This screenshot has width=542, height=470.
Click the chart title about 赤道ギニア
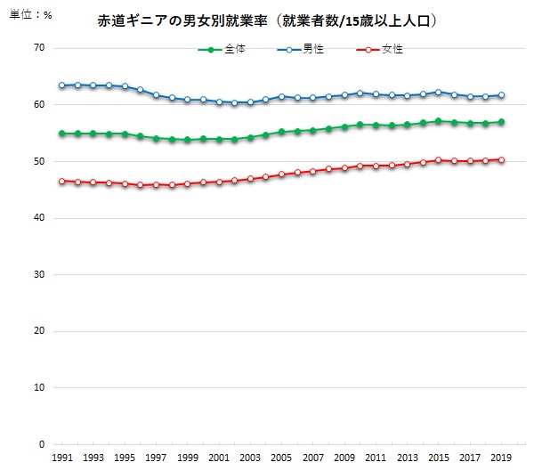266,21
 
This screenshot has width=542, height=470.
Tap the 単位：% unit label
31,15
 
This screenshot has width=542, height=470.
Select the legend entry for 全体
222,50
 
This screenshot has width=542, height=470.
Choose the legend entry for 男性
301,50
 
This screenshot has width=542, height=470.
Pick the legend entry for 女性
379,50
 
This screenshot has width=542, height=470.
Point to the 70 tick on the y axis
39,48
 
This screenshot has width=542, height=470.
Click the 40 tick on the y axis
39,217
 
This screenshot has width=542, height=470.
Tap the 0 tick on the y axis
42,444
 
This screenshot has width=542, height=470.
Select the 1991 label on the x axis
62,458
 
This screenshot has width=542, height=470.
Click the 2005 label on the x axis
281,458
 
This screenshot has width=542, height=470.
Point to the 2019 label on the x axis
501,458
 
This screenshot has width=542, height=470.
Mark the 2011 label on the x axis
376,458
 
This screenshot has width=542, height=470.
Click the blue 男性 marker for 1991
62,85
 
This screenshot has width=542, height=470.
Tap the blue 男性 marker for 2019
501,95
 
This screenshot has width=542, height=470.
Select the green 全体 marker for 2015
438,121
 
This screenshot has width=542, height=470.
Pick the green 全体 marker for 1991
62,134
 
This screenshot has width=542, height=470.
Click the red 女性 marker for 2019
501,159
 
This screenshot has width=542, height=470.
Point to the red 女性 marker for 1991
62,181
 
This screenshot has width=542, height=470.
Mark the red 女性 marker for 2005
281,174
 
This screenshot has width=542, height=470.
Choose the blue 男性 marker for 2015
438,93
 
